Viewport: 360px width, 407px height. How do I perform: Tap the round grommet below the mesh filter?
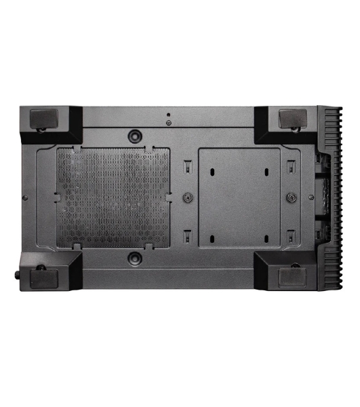pos(136,257)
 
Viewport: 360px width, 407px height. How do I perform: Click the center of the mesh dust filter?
pos(114,197)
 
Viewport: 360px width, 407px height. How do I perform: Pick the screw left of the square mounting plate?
pos(186,197)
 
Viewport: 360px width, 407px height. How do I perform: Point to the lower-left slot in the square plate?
pos(212,238)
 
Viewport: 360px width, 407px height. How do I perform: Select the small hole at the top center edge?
pos(168,114)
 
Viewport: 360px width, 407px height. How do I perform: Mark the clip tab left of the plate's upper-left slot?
pos(187,165)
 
